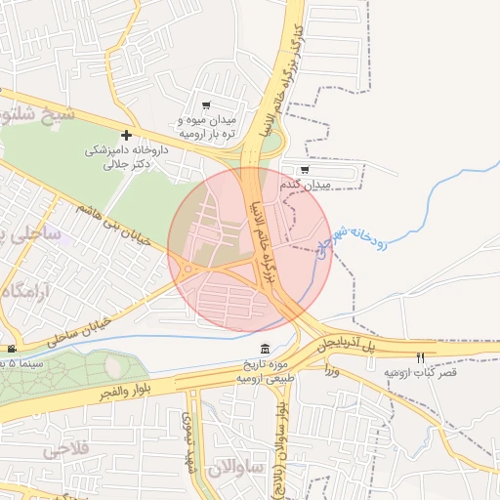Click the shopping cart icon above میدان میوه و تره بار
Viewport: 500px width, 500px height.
click(205, 105)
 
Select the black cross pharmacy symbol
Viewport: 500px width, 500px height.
click(126, 134)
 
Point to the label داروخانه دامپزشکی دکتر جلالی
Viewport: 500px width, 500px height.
click(127, 157)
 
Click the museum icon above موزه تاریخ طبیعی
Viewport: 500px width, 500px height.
click(266, 350)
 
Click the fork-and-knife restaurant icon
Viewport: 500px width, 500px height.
click(421, 358)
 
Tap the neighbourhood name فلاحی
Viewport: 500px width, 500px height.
click(63, 450)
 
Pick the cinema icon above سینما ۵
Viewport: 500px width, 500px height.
click(11, 349)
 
